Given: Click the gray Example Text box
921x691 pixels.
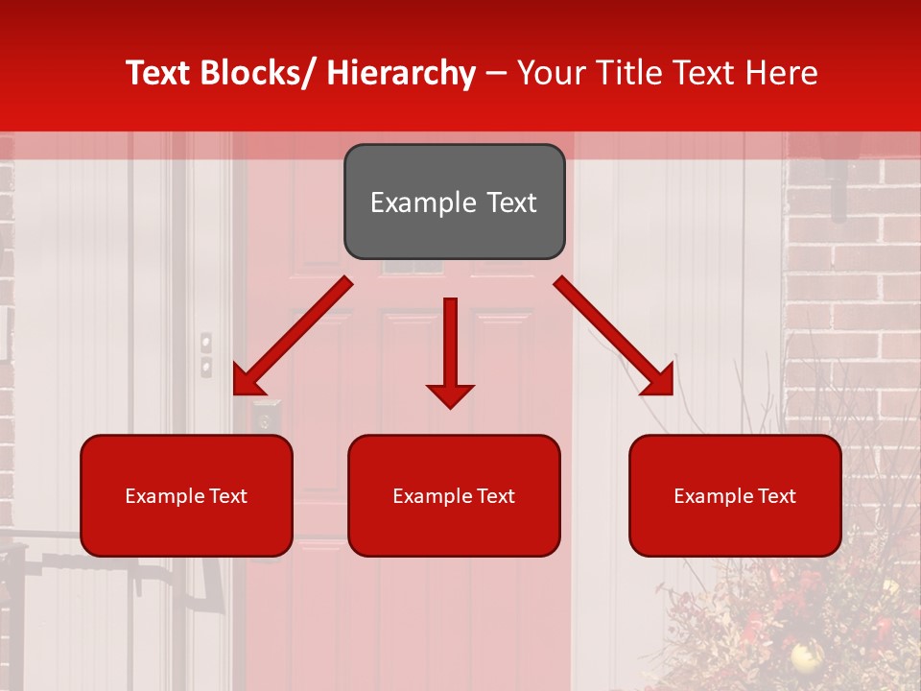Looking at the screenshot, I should tap(454, 202).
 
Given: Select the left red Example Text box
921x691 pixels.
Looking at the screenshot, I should tap(186, 495).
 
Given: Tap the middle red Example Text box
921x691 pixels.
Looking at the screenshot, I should tap(454, 495).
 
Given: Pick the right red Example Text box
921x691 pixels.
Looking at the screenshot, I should tap(735, 495).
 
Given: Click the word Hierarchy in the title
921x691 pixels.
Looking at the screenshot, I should tap(401, 73).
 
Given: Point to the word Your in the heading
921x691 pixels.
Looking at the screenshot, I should tap(548, 73).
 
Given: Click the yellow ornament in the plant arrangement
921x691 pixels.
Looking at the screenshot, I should tap(806, 656).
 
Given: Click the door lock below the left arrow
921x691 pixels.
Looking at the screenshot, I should tap(265, 418).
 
